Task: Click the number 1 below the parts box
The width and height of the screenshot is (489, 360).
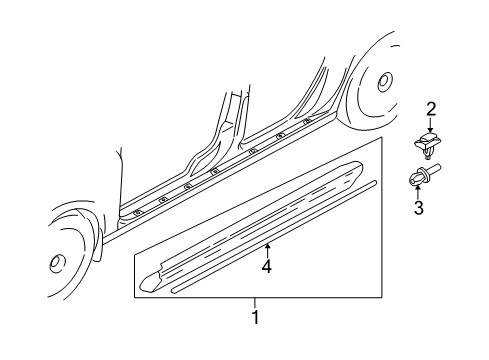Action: pos(255,317)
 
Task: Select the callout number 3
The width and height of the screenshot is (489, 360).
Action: pos(420,208)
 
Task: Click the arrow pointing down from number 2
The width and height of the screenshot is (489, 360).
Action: pos(431,126)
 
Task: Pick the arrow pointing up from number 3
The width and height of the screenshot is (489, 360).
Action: pos(419,193)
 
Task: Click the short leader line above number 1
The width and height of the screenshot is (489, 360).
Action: pos(255,305)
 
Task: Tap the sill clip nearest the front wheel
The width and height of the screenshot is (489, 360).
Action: pos(136,214)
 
